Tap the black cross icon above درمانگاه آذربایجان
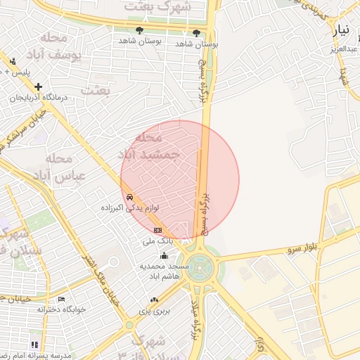(39, 86)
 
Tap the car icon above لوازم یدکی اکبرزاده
(130, 198)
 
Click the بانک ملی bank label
(157, 241)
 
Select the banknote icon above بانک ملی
(157, 230)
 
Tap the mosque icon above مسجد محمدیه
(164, 255)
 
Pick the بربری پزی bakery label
(154, 310)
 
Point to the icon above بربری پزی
(154, 300)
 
